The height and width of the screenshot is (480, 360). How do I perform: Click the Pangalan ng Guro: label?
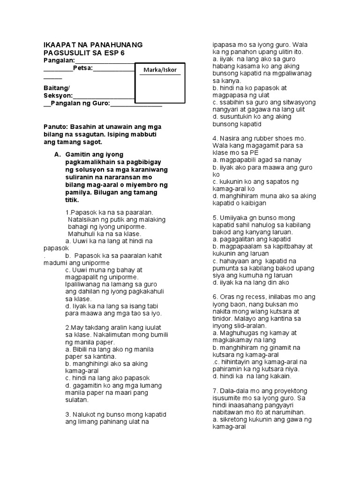click(x=80, y=104)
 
